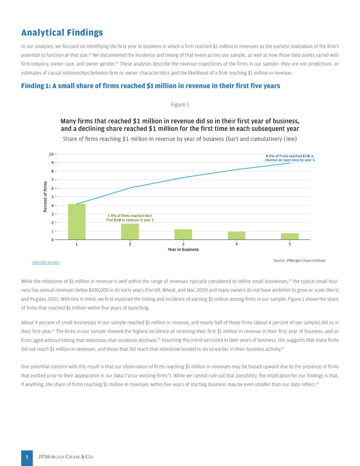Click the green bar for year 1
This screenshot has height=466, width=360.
76,222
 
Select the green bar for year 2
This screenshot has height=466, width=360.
130,231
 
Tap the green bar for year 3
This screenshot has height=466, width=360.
183,235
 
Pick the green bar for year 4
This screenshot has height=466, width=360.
236,235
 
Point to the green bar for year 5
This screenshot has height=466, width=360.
290,236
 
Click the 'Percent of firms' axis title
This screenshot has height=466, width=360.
45,196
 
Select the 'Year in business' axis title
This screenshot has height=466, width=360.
183,249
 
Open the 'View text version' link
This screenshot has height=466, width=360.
45,262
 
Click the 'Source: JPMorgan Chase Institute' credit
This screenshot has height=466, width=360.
299,261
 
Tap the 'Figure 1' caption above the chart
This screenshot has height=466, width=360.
180,104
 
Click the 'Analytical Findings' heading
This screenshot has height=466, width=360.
62,32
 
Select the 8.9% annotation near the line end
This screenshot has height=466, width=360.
290,158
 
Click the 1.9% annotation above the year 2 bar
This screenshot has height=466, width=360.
130,218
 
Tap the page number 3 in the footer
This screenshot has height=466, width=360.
27,457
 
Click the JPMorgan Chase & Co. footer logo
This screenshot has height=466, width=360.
66,457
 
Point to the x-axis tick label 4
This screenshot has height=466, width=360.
236,244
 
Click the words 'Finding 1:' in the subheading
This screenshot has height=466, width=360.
36,86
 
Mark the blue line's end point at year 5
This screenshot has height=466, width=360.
290,163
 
